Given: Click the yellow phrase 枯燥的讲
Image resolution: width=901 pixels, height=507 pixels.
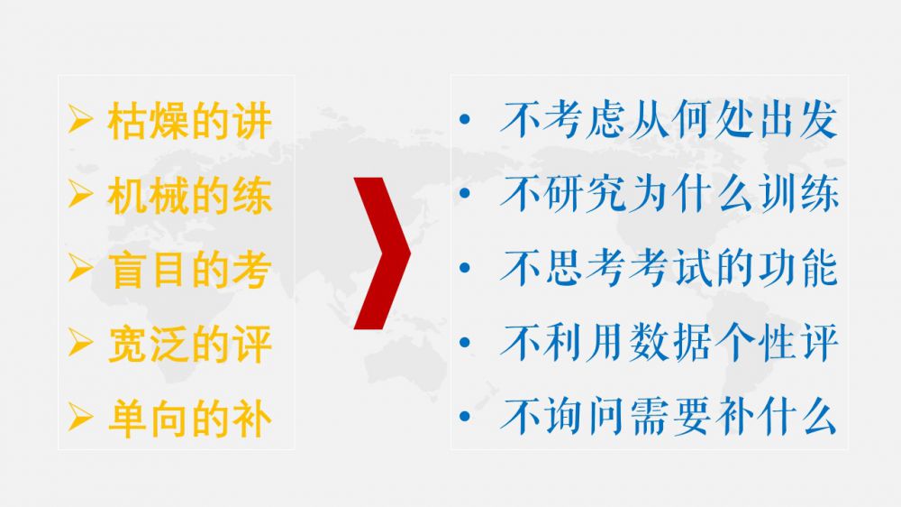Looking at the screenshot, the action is (189, 121).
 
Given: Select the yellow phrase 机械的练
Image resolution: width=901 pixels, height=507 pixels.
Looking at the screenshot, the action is (189, 196).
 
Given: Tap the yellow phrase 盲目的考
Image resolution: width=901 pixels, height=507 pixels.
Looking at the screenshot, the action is (189, 270).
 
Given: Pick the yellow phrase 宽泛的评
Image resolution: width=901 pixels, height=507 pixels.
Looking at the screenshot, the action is (189, 344).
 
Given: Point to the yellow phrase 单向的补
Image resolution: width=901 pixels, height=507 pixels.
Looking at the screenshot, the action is (189, 419).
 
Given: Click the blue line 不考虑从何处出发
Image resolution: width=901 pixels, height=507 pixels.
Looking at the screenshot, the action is (669, 120).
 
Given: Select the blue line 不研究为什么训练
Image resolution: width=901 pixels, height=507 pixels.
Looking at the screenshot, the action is (669, 194).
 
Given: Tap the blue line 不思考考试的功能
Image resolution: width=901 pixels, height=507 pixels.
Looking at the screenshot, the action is (669, 268).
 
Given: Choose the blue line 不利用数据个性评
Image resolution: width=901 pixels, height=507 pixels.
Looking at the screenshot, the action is (669, 343).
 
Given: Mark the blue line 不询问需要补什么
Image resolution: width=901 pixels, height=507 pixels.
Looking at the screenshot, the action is (669, 417).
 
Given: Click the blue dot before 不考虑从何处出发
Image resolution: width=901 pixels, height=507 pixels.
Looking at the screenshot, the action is (465, 120).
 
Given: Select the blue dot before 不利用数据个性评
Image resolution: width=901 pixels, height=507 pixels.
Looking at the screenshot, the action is (465, 343).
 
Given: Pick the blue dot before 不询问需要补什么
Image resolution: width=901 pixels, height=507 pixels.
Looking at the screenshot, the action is (465, 417).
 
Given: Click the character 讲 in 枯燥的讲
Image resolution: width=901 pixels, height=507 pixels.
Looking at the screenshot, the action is (251, 121).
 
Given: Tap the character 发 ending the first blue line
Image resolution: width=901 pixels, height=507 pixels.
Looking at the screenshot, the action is (818, 120).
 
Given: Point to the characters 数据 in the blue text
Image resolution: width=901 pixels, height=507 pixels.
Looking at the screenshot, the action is (669, 343).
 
